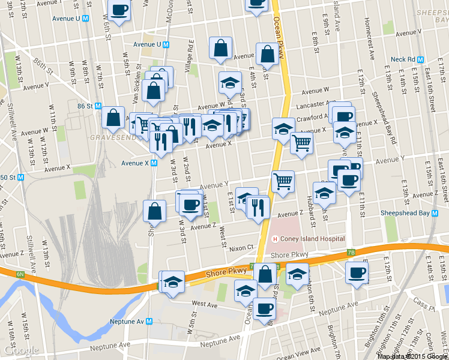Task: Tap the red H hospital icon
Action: tap(276, 239)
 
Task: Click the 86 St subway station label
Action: tap(89, 106)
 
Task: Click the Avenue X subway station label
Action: tap(135, 163)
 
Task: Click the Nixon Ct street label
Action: tap(242, 248)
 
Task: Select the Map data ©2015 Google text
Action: tap(411, 356)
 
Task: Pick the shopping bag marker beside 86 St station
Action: tap(113, 118)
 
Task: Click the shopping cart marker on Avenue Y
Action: tap(283, 180)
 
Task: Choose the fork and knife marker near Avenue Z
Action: tap(259, 208)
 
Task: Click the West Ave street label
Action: tap(203, 305)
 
